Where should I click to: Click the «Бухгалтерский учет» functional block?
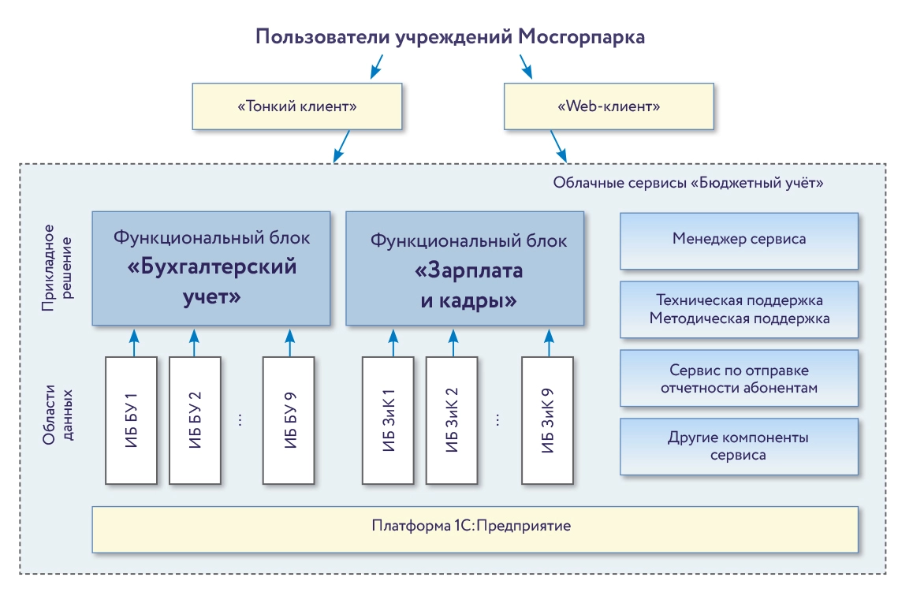pos(211,268)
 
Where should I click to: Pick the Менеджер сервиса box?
pos(739,240)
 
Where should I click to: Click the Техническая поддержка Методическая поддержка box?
pos(739,310)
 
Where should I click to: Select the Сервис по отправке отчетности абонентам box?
pos(739,378)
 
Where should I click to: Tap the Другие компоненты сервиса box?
pos(739,446)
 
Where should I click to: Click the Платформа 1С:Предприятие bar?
pos(475,529)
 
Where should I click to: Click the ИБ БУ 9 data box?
pos(289,420)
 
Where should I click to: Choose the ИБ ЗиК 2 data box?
pos(452,420)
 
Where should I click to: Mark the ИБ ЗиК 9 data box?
pos(547,420)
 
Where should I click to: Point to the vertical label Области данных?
pos(56,416)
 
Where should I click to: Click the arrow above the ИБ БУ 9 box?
pos(289,341)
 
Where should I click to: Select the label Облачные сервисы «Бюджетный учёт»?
pos(688,183)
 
